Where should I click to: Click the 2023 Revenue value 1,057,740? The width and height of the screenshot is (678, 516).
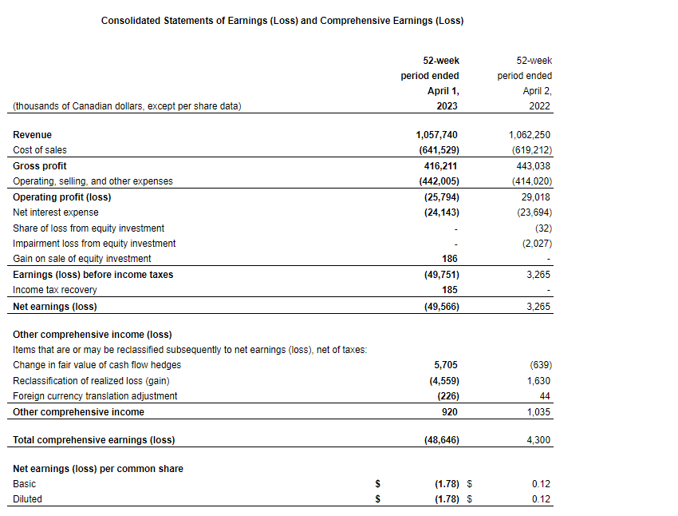point(437,135)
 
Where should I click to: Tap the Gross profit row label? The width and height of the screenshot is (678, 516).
point(38,166)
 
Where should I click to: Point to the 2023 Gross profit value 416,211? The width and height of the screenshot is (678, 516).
point(441,166)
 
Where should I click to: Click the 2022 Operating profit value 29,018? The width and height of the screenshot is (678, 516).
point(535,196)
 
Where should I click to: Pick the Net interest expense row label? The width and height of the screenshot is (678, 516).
point(56,212)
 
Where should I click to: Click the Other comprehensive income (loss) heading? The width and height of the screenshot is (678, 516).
point(92,335)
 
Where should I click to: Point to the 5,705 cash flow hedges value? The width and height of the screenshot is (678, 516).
point(445,365)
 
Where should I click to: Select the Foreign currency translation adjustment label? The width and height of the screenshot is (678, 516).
point(95,396)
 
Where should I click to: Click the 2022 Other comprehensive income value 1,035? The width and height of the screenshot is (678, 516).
point(538,412)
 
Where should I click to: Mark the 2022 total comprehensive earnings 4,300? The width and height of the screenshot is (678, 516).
point(538,440)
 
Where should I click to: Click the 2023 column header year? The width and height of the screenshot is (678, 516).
point(447,106)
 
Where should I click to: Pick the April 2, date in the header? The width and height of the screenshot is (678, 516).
point(538,91)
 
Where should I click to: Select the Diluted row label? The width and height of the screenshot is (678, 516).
point(28,499)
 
